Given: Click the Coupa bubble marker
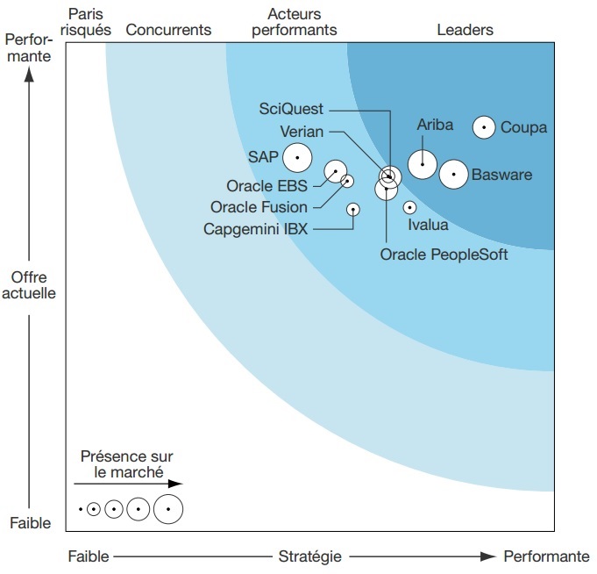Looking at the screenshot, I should pos(483,127).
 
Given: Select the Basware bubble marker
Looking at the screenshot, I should pos(453,175).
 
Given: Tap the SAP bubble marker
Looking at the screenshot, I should pos(297,157).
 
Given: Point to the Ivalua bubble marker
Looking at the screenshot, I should pos(409,208).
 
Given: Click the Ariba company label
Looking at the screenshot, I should pos(435,125).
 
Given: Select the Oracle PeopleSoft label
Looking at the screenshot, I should pos(444,255).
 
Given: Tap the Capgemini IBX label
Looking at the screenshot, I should pos(255,229).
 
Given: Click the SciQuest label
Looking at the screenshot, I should pos(292,109).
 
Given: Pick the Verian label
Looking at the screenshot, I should pos(302,131).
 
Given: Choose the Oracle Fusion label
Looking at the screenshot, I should pos(259,207).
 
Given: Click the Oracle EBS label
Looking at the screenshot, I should pos(267,185).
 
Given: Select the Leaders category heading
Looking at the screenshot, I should pos(465,30).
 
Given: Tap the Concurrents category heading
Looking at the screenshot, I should pos(168,30).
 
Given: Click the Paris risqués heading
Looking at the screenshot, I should pos(86,22).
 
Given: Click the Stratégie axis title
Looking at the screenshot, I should pos(309,556).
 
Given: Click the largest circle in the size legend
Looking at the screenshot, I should pos(167,509).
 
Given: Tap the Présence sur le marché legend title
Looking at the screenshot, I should pos(126,464).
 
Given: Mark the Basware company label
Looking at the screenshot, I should pos(501,175).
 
